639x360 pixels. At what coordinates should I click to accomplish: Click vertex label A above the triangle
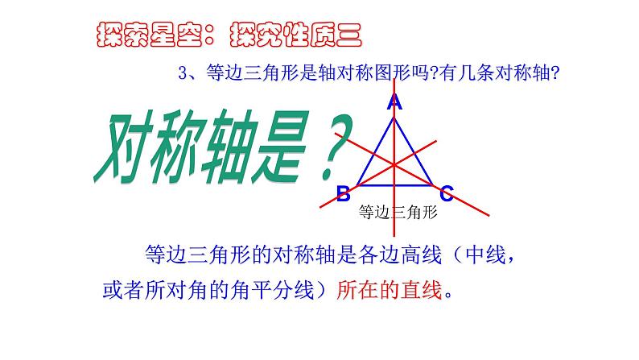[x=394, y=102]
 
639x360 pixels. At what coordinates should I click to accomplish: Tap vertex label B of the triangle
[x=343, y=192]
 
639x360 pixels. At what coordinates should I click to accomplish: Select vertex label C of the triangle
[x=447, y=192]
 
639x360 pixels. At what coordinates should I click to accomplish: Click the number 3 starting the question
[x=183, y=74]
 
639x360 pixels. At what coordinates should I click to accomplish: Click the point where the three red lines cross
[x=394, y=164]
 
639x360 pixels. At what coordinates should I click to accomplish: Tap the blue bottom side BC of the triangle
[x=394, y=185]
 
